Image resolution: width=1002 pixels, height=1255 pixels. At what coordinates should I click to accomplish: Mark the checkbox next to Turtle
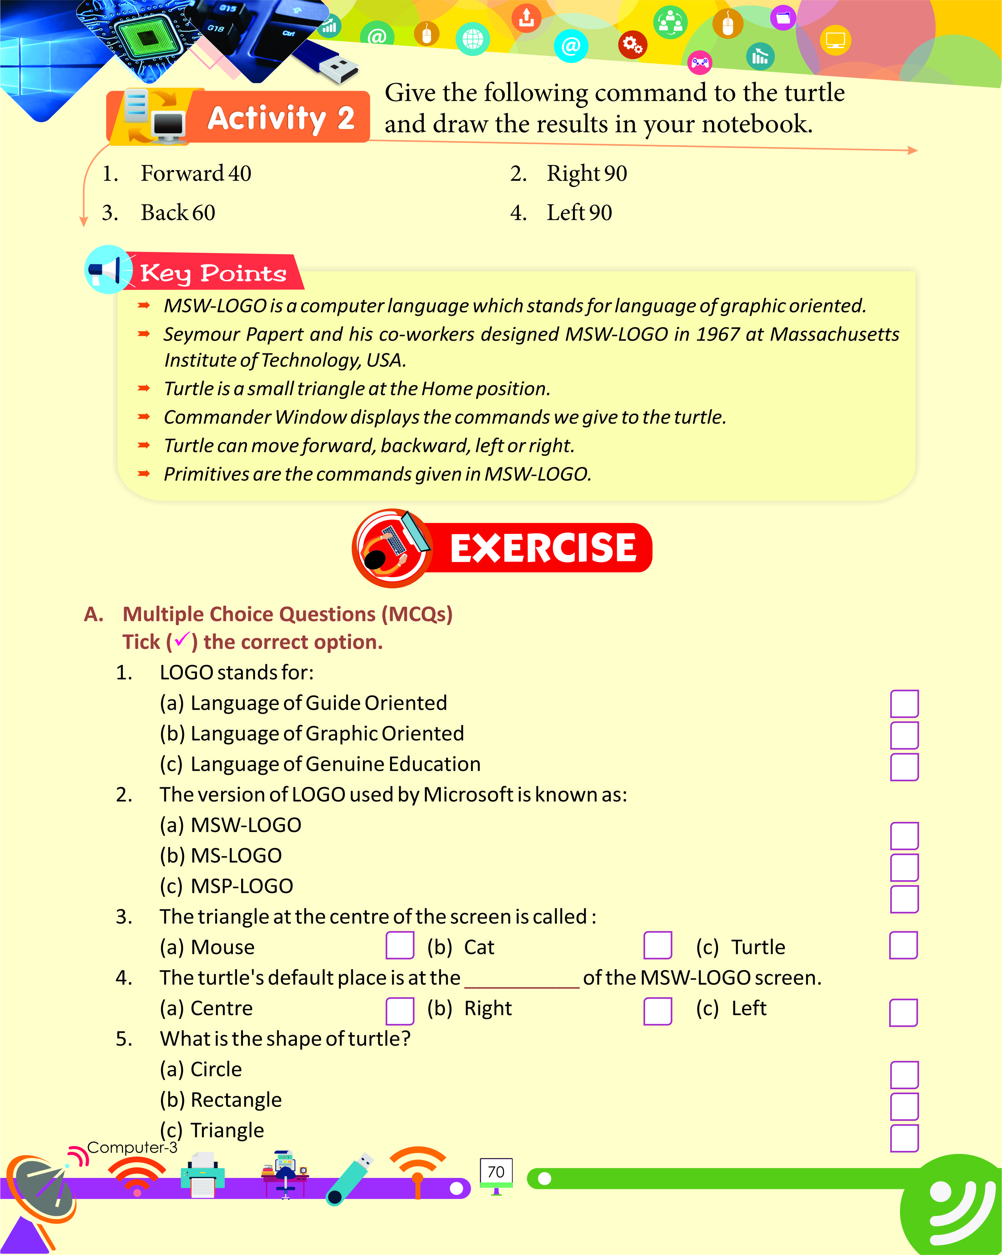pos(903,945)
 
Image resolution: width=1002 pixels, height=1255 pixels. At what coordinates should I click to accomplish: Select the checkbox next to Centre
pos(399,1011)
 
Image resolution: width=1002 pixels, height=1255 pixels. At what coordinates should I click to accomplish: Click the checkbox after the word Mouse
pos(399,945)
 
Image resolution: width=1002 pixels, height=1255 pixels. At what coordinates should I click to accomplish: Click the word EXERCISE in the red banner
pos(543,548)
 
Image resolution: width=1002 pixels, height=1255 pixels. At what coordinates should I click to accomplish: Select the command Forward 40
pos(196,173)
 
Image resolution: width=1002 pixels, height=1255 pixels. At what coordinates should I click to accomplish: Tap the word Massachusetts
pos(834,334)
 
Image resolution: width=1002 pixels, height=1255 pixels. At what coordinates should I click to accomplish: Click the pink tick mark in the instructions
pos(182,640)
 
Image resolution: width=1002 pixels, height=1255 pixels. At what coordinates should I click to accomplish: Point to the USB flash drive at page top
pos(332,64)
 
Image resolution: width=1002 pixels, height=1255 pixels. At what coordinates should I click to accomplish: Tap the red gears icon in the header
pos(632,45)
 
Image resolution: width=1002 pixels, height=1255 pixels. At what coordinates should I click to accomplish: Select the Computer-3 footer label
pos(132,1147)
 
